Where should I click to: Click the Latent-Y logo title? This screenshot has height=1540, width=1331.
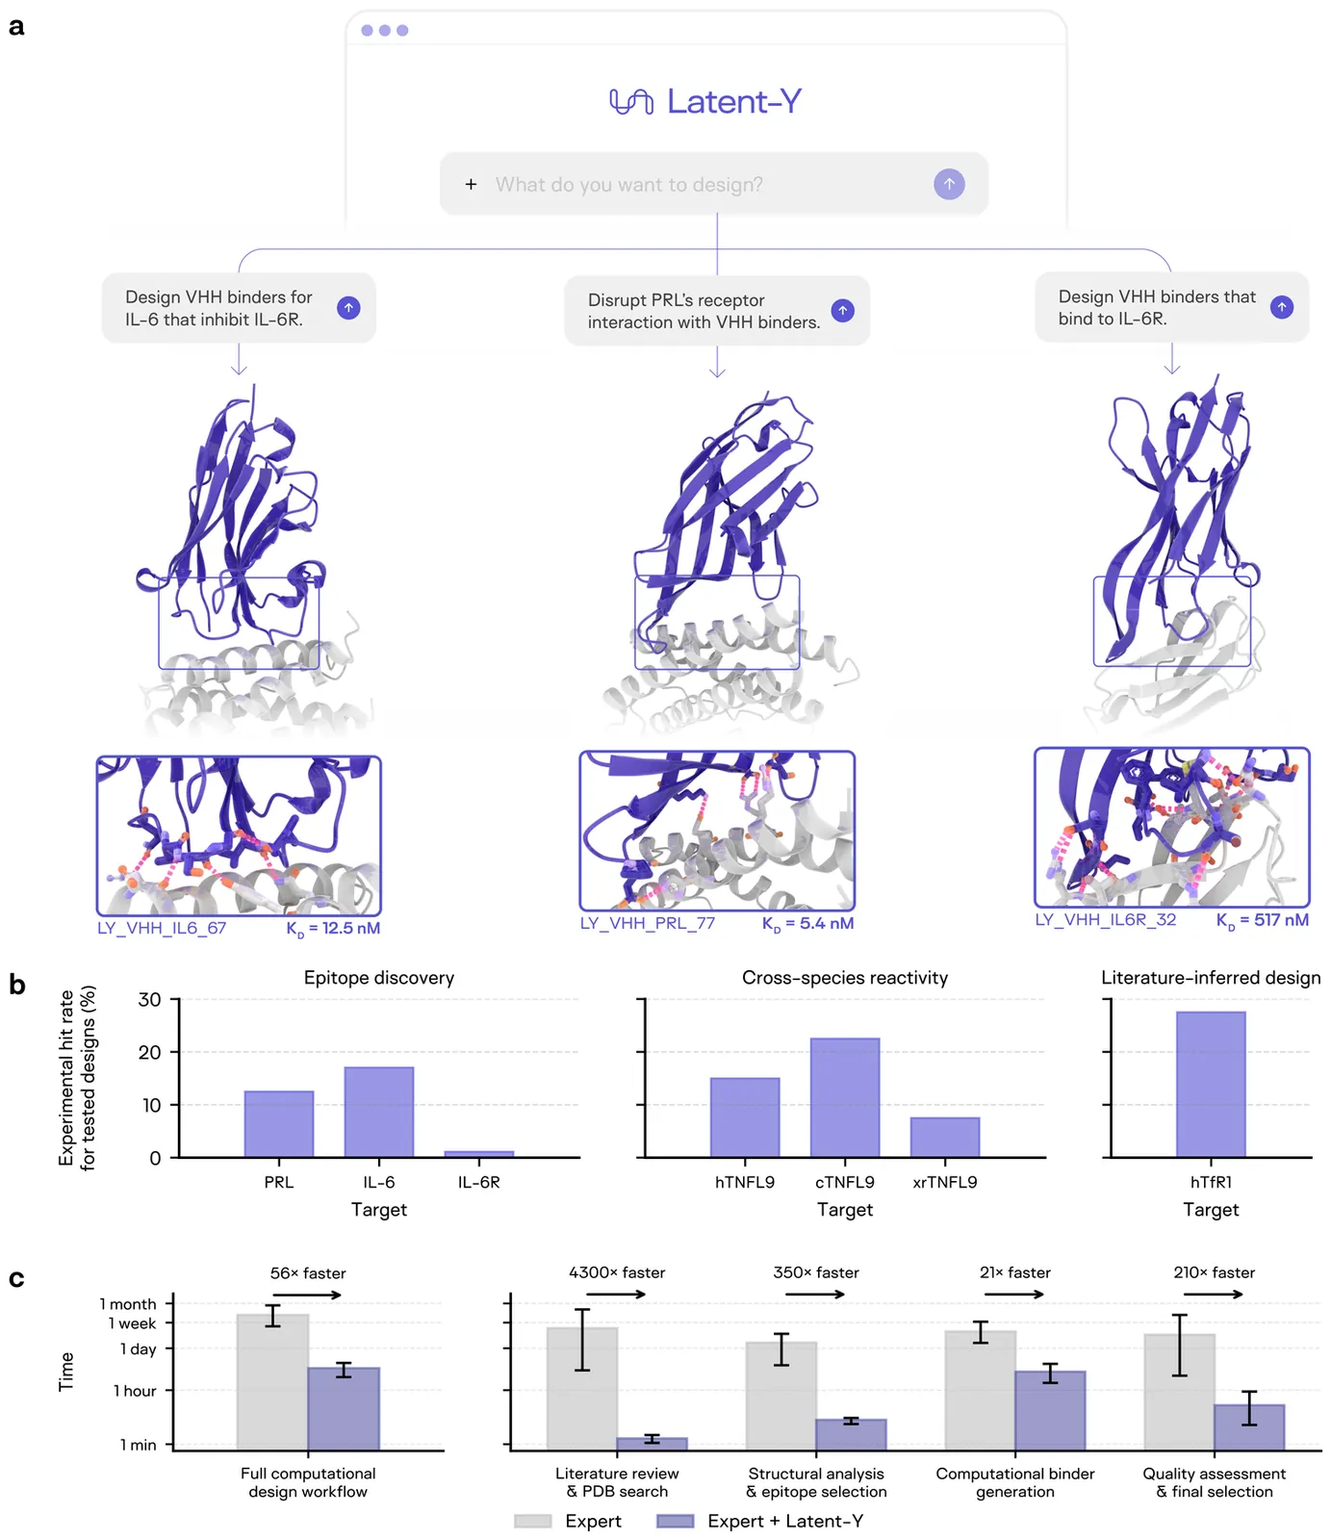pyautogui.click(x=706, y=101)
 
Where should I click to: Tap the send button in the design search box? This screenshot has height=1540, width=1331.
pyautogui.click(x=949, y=184)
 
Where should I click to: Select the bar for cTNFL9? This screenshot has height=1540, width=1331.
pyautogui.click(x=845, y=1097)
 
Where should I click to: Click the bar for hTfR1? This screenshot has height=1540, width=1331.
pyautogui.click(x=1211, y=1084)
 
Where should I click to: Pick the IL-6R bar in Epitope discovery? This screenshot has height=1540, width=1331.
pyautogui.click(x=479, y=1153)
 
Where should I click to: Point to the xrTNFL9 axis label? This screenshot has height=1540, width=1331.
pyautogui.click(x=944, y=1182)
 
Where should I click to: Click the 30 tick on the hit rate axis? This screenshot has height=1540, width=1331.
pyautogui.click(x=150, y=1000)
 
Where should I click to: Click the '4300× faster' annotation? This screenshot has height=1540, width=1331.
pyautogui.click(x=617, y=1272)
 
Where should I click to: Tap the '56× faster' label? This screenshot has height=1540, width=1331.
pyautogui.click(x=308, y=1273)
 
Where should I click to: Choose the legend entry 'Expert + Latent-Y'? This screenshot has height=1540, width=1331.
pyautogui.click(x=785, y=1521)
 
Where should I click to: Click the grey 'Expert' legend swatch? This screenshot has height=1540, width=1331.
pyautogui.click(x=533, y=1521)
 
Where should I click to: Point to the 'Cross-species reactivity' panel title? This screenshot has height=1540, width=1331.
pyautogui.click(x=845, y=978)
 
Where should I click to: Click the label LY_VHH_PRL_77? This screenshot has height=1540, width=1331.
pyautogui.click(x=648, y=923)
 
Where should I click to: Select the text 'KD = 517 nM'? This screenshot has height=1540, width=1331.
pyautogui.click(x=1262, y=920)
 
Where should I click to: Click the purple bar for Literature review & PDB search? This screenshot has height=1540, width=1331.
pyautogui.click(x=653, y=1444)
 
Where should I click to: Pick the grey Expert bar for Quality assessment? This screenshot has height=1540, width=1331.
pyautogui.click(x=1179, y=1391)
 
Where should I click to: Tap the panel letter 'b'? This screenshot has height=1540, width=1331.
pyautogui.click(x=16, y=985)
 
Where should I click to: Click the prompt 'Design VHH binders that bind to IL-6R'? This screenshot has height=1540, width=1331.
pyautogui.click(x=1157, y=307)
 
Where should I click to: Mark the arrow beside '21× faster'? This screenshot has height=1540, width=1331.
pyautogui.click(x=1014, y=1295)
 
